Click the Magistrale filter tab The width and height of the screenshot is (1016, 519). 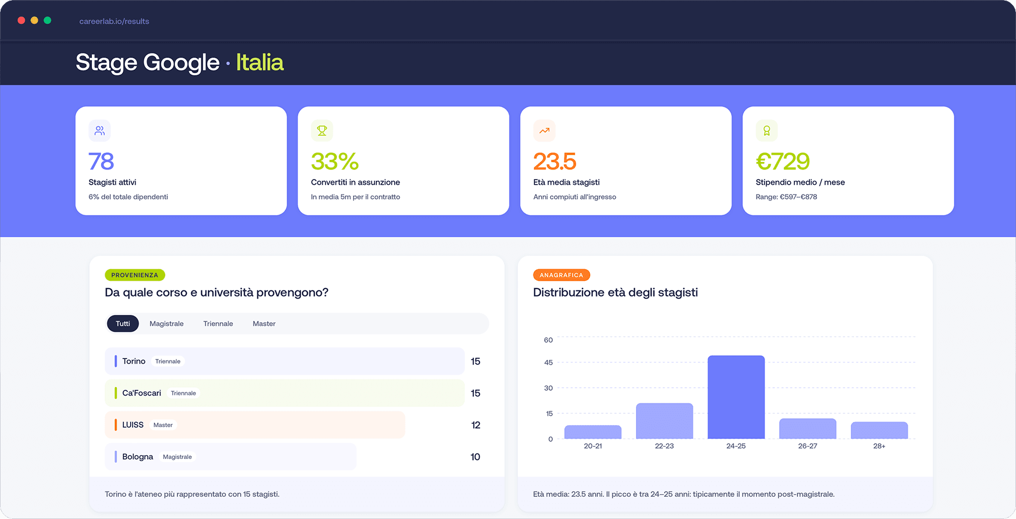[x=167, y=323]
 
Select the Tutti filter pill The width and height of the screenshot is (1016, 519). [x=122, y=323]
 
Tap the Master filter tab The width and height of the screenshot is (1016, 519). [x=264, y=323]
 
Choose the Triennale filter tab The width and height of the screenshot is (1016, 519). [x=218, y=323]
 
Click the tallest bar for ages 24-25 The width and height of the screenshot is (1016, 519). [x=736, y=397]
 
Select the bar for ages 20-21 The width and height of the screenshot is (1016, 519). [x=593, y=432]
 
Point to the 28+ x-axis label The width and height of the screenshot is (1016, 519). [x=879, y=446]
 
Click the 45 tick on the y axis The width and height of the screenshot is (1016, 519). [x=549, y=363]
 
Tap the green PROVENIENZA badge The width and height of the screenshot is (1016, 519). [x=135, y=275]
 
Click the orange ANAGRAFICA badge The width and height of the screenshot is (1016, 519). [x=561, y=275]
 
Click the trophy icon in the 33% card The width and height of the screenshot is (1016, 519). [x=322, y=131]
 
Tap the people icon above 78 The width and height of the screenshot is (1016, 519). [x=100, y=131]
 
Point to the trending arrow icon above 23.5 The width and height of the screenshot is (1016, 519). [x=545, y=131]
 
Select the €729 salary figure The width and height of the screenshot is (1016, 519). [x=782, y=161]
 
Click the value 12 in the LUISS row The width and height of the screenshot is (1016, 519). [x=475, y=425]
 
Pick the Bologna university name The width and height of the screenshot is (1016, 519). [x=138, y=457]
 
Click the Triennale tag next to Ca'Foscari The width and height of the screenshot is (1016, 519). [x=183, y=393]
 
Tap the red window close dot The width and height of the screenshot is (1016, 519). [x=21, y=20]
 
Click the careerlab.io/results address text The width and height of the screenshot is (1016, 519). [x=114, y=21]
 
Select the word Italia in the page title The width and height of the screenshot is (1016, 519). [x=260, y=62]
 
